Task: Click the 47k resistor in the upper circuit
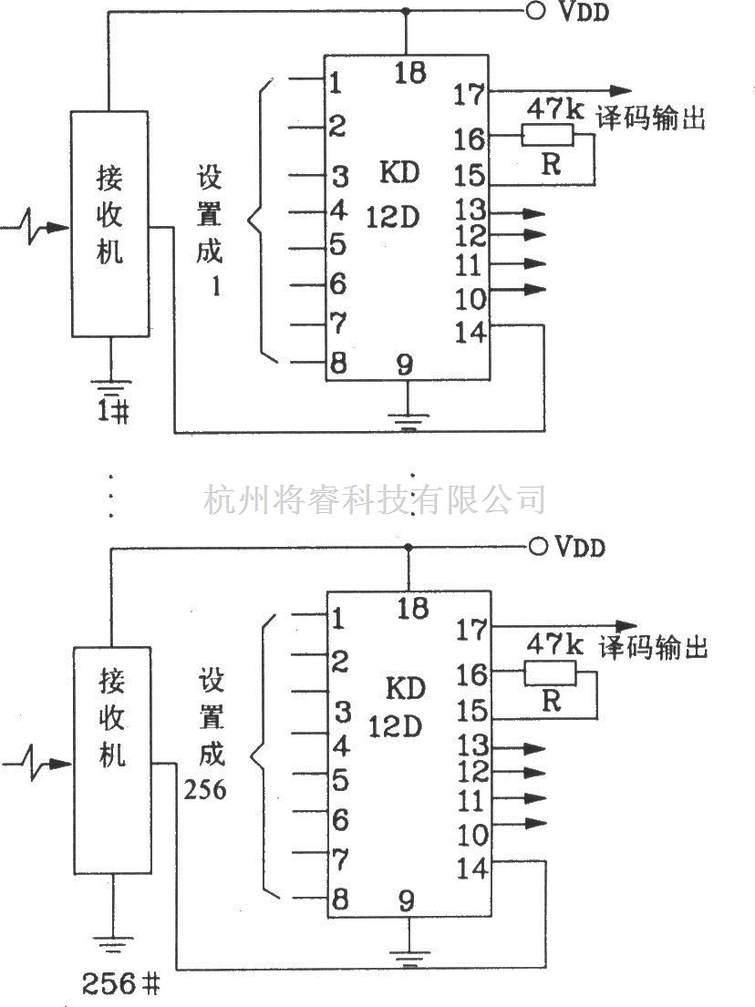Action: pyautogui.click(x=547, y=136)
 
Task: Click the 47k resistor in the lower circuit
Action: pyautogui.click(x=550, y=673)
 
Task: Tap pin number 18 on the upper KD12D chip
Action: pyautogui.click(x=411, y=73)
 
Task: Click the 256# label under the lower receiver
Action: pyautogui.click(x=121, y=984)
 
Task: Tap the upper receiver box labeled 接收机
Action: pyautogui.click(x=109, y=224)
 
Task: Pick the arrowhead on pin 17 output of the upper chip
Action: pyautogui.click(x=621, y=90)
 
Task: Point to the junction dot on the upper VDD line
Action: pyautogui.click(x=406, y=12)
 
